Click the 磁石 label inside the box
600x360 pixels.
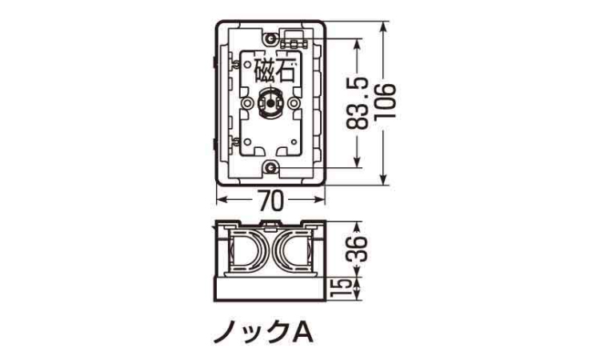coord(274,71)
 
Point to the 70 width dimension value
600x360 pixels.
coord(271,200)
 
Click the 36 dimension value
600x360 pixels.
coord(357,249)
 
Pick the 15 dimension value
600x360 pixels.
coord(344,289)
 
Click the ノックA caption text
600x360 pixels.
coord(264,333)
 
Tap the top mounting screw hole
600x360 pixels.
coord(271,38)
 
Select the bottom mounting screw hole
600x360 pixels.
coord(271,167)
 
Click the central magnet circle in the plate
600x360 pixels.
coord(270,103)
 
